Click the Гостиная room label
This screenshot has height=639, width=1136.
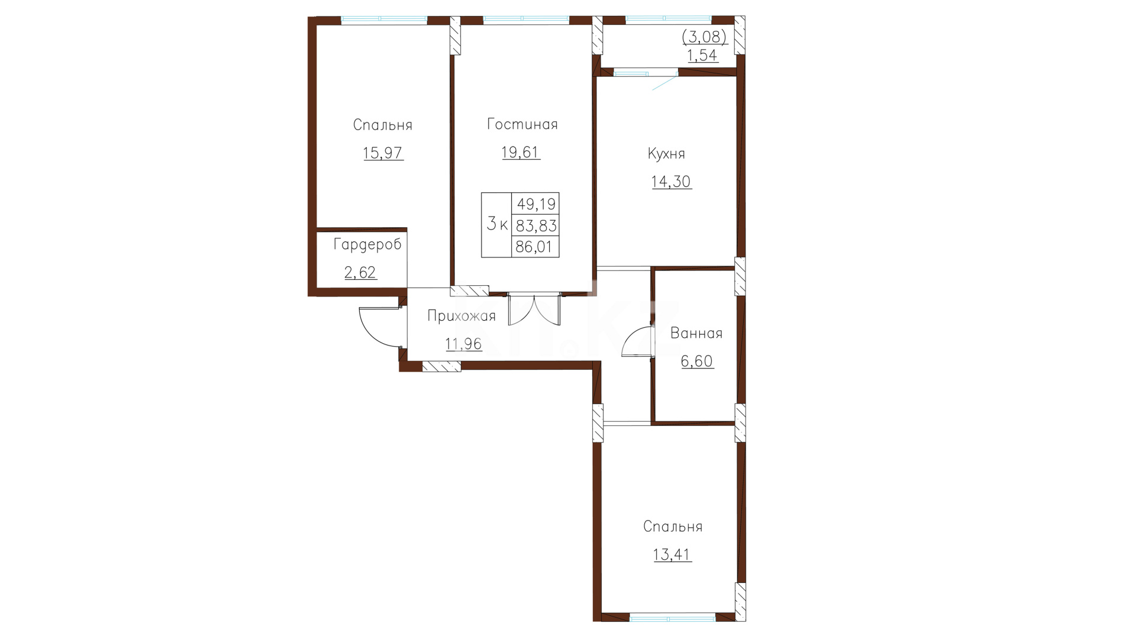click(x=522, y=124)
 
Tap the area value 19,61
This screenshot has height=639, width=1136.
click(x=521, y=153)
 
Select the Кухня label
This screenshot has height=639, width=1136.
click(x=666, y=154)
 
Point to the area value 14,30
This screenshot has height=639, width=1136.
click(x=672, y=182)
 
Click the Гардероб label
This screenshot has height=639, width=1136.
click(x=367, y=244)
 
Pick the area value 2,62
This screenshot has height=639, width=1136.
click(x=360, y=273)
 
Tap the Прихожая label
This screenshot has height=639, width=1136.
click(x=461, y=317)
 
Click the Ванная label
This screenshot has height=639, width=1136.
click(x=696, y=334)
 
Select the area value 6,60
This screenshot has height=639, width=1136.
click(x=697, y=361)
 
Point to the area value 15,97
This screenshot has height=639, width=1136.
click(x=383, y=153)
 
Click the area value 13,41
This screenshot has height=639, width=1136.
click(x=673, y=555)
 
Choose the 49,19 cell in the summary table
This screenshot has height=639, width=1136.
click(x=536, y=204)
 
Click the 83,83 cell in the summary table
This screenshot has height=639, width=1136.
click(x=536, y=225)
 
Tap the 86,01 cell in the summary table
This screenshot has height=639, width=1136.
click(x=534, y=247)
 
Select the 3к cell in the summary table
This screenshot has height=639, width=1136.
click(x=497, y=224)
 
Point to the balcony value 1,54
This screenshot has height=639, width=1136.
click(x=702, y=56)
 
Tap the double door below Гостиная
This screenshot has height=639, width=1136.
click(x=534, y=309)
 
